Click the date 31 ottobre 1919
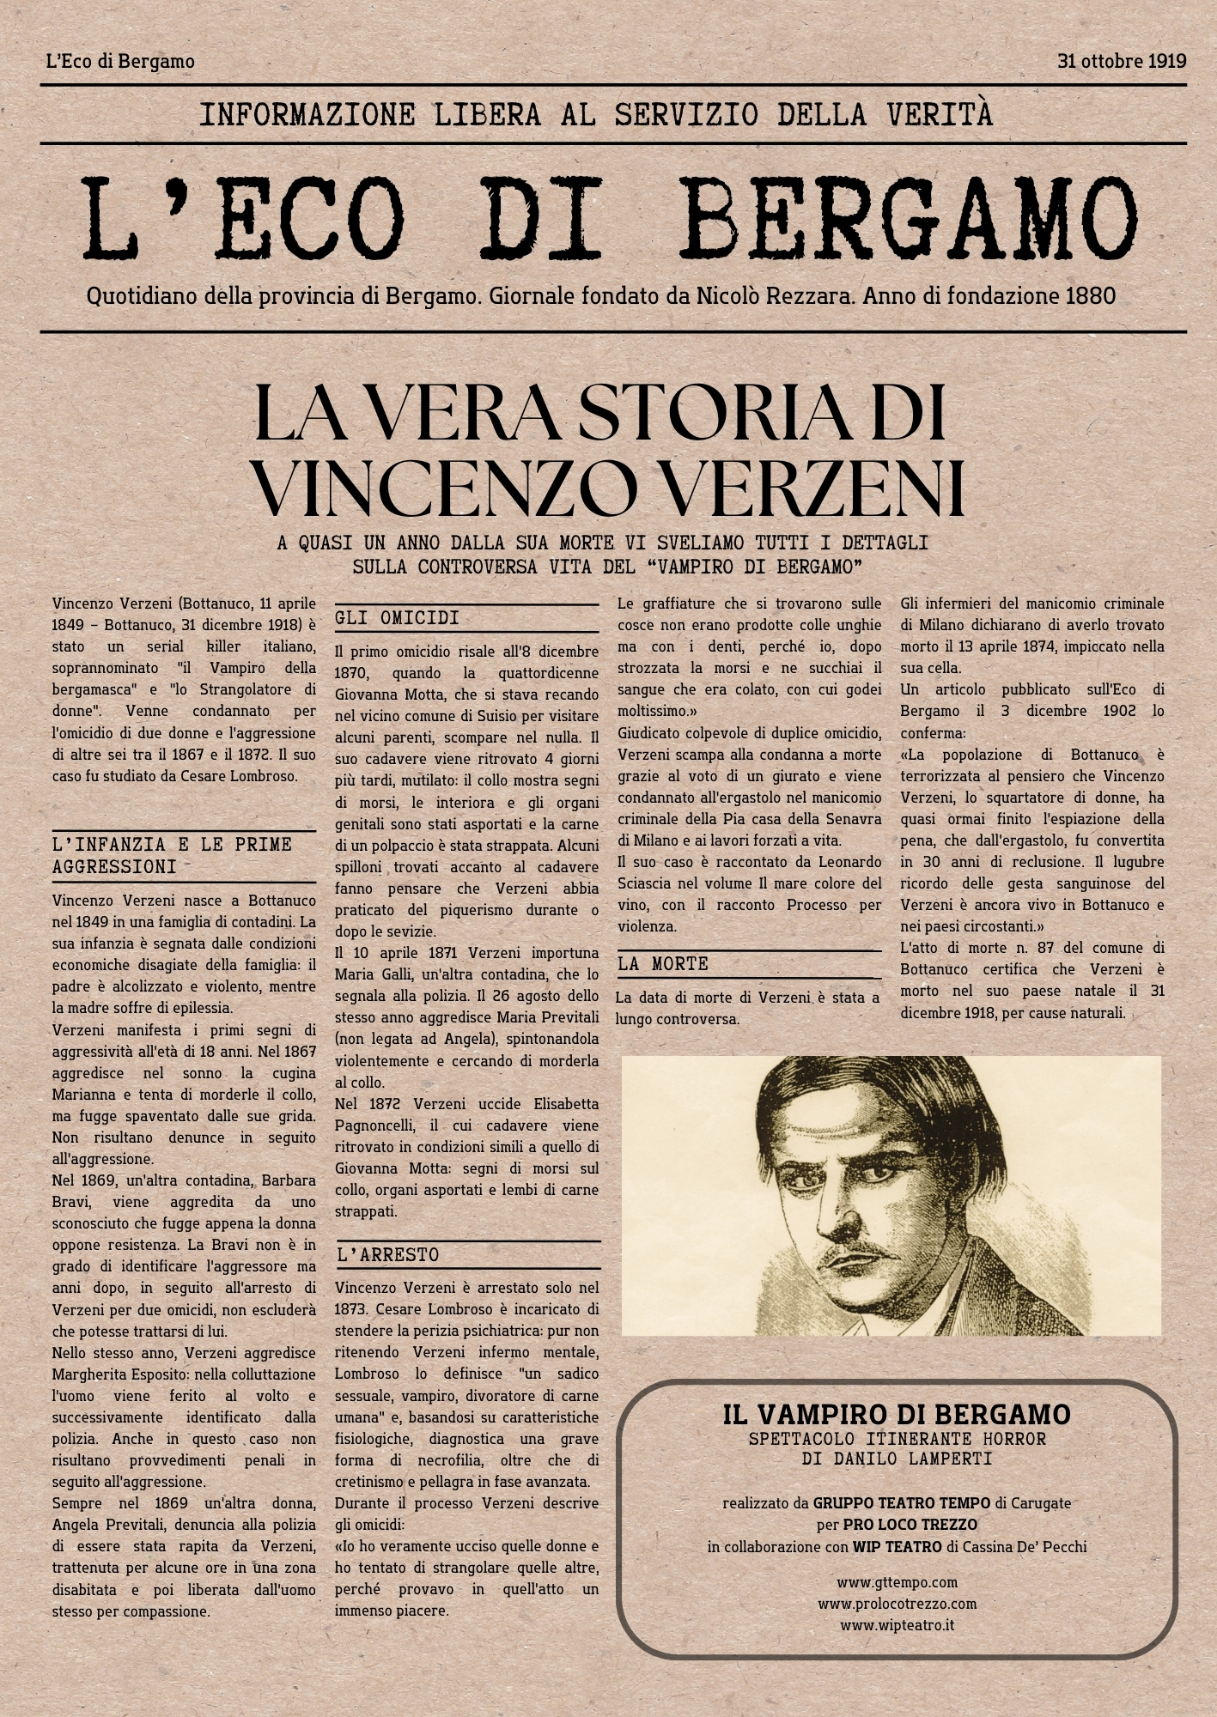coord(1122,62)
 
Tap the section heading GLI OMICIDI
coord(397,618)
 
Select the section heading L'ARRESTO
coord(387,1255)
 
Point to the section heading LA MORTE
coord(662,964)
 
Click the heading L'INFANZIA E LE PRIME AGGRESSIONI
coord(172,856)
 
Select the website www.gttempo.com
coord(897,1582)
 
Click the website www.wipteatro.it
coord(897,1625)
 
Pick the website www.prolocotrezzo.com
coord(897,1604)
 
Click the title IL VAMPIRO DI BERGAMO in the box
coord(897,1415)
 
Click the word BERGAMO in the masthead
coord(912,218)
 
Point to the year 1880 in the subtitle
coord(1090,297)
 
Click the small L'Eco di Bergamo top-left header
coord(120,62)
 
